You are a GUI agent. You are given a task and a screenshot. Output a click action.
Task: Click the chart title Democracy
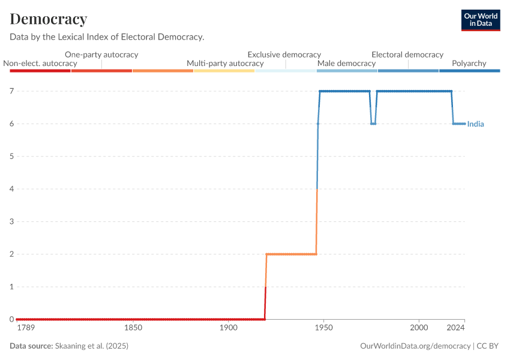49,19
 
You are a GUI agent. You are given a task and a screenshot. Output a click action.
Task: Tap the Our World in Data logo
480,20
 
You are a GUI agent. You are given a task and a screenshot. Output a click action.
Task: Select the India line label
475,124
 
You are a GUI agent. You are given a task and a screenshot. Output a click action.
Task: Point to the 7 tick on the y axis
11,91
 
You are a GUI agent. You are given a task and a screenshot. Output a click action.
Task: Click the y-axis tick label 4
11,189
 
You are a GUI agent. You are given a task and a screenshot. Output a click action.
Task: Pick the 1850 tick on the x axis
133,328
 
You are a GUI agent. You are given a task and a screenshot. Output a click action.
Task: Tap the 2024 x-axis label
455,328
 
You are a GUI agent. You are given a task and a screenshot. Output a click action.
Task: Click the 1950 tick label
323,328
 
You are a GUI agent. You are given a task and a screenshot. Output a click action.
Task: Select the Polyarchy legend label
469,63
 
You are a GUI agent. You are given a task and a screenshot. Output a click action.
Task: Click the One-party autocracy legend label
101,55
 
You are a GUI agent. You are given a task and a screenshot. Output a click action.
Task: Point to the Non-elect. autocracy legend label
40,63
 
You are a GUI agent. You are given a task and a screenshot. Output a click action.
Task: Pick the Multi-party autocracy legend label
225,63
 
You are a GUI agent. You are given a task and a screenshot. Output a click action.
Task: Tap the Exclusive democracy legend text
284,55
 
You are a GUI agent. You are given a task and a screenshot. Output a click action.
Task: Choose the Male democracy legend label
346,63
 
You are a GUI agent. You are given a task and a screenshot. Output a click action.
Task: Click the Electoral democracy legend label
407,55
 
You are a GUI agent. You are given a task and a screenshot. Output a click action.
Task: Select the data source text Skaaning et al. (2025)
91,346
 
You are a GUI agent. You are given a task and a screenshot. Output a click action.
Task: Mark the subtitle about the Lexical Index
107,37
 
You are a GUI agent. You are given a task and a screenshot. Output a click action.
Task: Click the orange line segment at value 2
291,254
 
